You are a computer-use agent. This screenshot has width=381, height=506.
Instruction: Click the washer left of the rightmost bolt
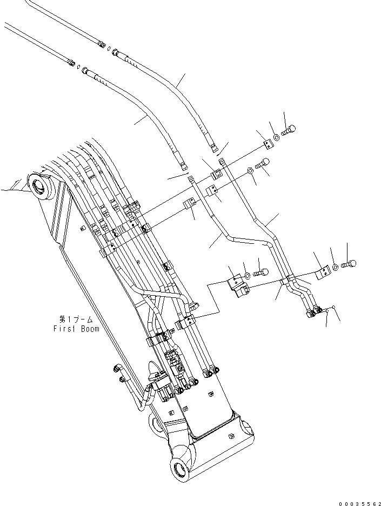(336, 267)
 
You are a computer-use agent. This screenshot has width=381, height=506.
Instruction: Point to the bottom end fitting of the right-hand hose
(215, 147)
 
